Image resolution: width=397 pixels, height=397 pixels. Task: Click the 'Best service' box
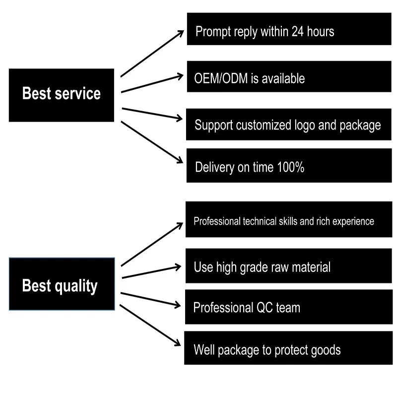click(62, 95)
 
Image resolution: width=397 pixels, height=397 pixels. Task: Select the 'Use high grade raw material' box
click(289, 266)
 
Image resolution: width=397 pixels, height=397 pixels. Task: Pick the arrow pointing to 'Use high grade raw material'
click(151, 272)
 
